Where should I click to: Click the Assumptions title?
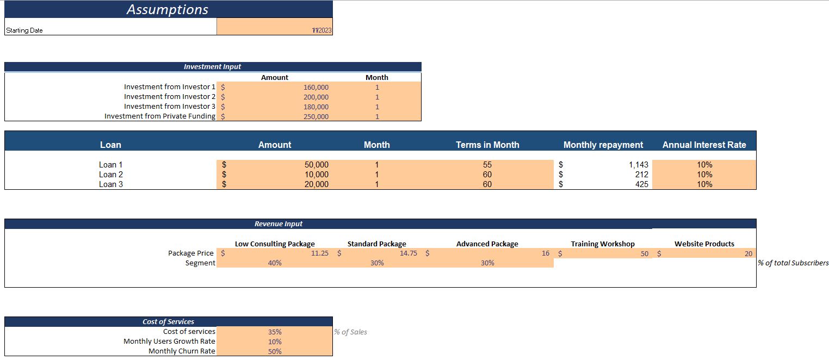click(168, 9)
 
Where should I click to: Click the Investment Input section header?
click(212, 66)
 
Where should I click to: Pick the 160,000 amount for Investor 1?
click(316, 87)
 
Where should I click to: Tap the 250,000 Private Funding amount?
click(316, 116)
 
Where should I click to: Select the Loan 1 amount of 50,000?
click(316, 165)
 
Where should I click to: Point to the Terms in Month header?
click(487, 145)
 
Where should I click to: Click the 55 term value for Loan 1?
click(487, 165)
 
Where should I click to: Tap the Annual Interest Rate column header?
click(704, 145)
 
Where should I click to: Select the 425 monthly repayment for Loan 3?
click(642, 184)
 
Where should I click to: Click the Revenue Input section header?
click(279, 224)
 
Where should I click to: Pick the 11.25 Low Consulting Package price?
click(319, 253)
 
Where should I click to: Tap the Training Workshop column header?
click(602, 244)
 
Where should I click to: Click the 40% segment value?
click(275, 263)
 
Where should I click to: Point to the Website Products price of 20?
click(748, 253)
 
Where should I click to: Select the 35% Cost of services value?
click(275, 332)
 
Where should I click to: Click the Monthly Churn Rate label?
click(182, 351)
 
